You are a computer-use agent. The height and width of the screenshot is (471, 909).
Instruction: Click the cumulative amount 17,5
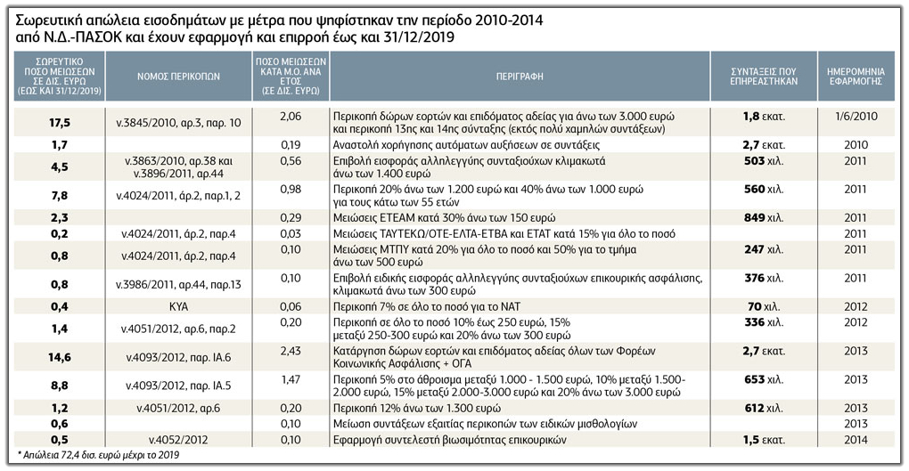(x=60, y=123)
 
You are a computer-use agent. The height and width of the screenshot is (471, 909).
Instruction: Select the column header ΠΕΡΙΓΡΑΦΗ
(x=520, y=76)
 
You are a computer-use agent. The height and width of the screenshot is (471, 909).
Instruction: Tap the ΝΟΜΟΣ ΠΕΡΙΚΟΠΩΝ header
(x=178, y=77)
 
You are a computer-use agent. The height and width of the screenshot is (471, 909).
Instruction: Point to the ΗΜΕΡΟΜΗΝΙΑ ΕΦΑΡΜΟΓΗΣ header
(x=856, y=77)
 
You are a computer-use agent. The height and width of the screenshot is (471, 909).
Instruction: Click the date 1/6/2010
(x=856, y=116)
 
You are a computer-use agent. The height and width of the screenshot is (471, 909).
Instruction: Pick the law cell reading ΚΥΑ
(x=178, y=306)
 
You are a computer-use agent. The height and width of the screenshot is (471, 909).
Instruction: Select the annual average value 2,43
(x=291, y=351)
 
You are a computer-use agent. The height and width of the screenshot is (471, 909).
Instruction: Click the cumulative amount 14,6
(x=60, y=357)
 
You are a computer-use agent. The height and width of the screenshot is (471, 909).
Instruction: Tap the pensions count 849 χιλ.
(x=764, y=218)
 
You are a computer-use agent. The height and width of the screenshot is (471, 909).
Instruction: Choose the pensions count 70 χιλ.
(x=764, y=306)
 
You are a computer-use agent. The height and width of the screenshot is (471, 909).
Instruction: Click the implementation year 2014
(x=856, y=440)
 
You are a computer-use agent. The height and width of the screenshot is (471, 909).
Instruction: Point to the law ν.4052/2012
(x=178, y=440)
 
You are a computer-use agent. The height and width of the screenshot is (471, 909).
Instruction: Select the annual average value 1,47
(x=291, y=379)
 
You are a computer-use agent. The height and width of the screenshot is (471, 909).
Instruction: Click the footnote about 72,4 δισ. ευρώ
(x=98, y=455)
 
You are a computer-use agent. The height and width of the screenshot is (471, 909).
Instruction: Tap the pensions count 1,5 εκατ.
(x=764, y=440)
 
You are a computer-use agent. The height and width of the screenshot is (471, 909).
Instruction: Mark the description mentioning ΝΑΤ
(x=427, y=306)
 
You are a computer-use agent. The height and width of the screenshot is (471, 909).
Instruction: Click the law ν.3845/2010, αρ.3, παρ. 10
(x=178, y=123)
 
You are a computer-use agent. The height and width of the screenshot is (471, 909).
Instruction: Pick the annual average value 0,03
(x=291, y=234)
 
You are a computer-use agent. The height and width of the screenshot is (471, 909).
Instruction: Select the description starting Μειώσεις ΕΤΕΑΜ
(x=444, y=218)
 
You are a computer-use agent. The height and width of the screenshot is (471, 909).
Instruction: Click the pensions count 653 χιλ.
(x=764, y=379)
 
